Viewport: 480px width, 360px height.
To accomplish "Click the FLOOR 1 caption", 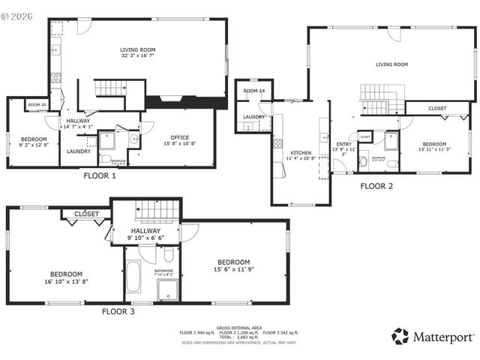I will pyautogui.click(x=99, y=177).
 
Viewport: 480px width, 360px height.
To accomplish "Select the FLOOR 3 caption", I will pyautogui.click(x=118, y=310).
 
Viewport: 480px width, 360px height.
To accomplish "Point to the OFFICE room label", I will pyautogui.click(x=179, y=137).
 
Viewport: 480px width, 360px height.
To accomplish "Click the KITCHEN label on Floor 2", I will pyautogui.click(x=301, y=153).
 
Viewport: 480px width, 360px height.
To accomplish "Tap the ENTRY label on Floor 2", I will pyautogui.click(x=343, y=144).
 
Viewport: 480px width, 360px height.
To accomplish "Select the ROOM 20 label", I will pyautogui.click(x=37, y=105).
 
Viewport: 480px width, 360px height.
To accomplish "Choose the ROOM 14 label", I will pyautogui.click(x=254, y=91).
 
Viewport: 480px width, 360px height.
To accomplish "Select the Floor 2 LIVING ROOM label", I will pyautogui.click(x=391, y=64).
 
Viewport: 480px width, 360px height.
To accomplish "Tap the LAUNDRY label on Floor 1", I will pyautogui.click(x=79, y=151).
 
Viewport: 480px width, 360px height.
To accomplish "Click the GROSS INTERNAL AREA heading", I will pyautogui.click(x=239, y=328).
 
